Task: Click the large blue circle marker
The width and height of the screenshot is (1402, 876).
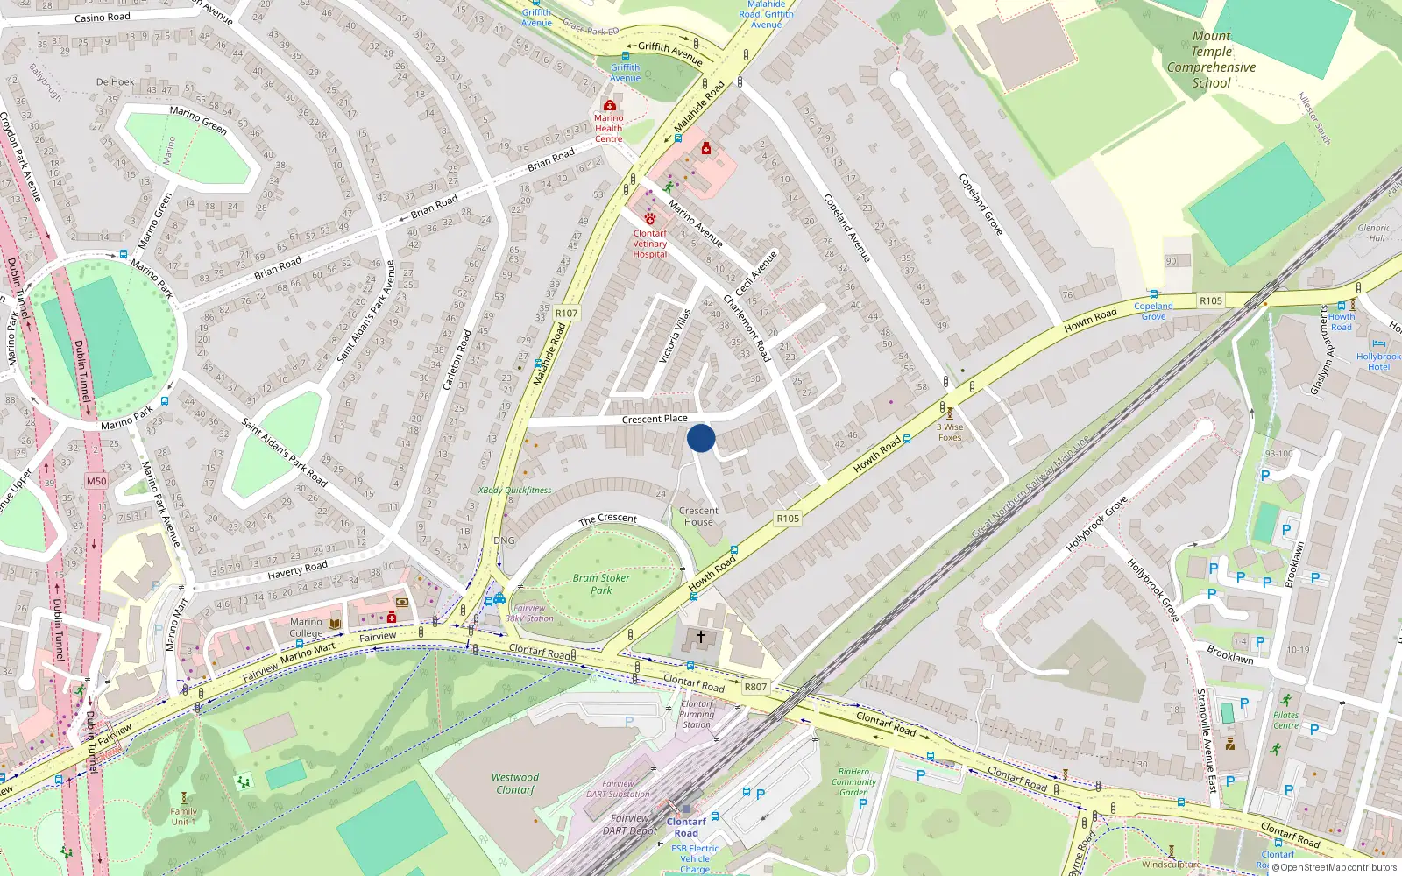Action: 701,438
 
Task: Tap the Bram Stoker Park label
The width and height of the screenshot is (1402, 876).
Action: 601,584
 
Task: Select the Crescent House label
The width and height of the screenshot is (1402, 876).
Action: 698,516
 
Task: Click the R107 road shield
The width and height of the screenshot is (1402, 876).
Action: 566,313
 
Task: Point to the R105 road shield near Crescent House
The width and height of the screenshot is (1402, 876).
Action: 788,519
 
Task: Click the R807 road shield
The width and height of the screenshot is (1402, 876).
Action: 754,688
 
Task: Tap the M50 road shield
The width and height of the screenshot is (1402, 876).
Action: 96,481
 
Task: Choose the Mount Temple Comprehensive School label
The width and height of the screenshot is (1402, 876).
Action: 1211,60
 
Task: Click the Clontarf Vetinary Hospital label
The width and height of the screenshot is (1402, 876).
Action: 650,244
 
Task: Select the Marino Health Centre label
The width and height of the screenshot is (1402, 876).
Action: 609,128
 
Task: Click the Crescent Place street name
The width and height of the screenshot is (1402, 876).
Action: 655,419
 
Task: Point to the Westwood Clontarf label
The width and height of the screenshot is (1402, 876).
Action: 515,783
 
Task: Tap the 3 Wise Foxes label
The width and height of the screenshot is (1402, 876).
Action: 950,432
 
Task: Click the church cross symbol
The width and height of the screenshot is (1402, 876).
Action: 701,637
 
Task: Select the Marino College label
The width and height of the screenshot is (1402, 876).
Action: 306,627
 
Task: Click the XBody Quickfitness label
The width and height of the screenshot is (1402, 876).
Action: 515,491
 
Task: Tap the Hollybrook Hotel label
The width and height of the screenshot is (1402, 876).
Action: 1378,361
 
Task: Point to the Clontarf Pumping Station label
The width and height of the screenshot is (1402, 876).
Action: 697,714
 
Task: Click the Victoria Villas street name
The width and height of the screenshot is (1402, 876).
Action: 675,336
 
